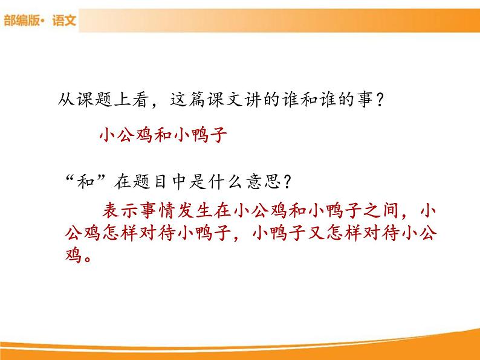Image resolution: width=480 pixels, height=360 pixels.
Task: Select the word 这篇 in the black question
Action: [x=195, y=100]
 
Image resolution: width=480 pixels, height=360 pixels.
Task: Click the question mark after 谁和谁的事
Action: [x=378, y=100]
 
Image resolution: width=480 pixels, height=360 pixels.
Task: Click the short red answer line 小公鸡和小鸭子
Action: [x=163, y=134]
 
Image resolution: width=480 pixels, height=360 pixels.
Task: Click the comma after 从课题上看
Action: [x=157, y=104]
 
